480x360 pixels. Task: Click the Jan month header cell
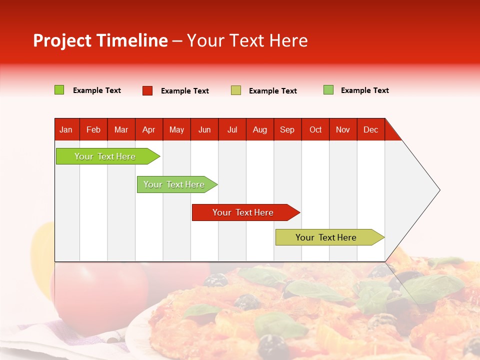tap(66, 129)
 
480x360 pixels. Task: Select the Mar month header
tap(121, 129)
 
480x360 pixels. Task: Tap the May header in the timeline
tap(176, 129)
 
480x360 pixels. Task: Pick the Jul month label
tap(232, 129)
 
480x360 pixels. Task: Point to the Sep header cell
tap(287, 129)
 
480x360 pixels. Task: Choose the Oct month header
tap(315, 129)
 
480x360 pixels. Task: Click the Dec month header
tap(370, 129)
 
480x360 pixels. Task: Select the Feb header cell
tap(93, 129)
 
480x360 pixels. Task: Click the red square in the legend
tap(147, 90)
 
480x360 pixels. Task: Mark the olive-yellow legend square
tap(236, 90)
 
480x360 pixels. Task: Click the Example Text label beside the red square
tap(184, 91)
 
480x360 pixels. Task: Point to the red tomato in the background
tap(100, 295)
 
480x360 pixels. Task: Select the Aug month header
tap(259, 129)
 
